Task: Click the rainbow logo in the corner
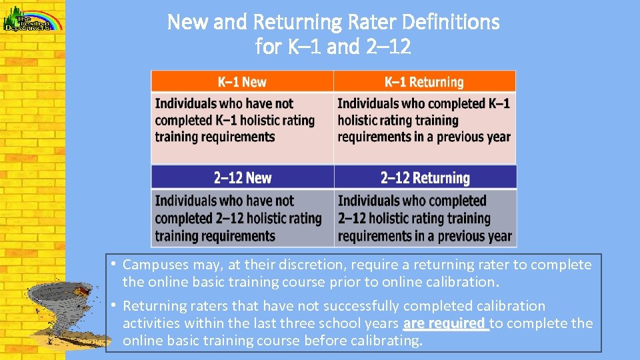[x=33, y=17]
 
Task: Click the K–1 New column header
[x=242, y=82]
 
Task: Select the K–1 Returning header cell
[x=424, y=82]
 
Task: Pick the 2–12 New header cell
[x=242, y=177]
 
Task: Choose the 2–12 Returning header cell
[x=425, y=177]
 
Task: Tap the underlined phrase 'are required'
[x=445, y=323]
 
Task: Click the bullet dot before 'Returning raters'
[x=115, y=305]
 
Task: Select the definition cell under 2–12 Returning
[x=425, y=218]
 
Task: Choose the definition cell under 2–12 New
[x=242, y=218]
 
